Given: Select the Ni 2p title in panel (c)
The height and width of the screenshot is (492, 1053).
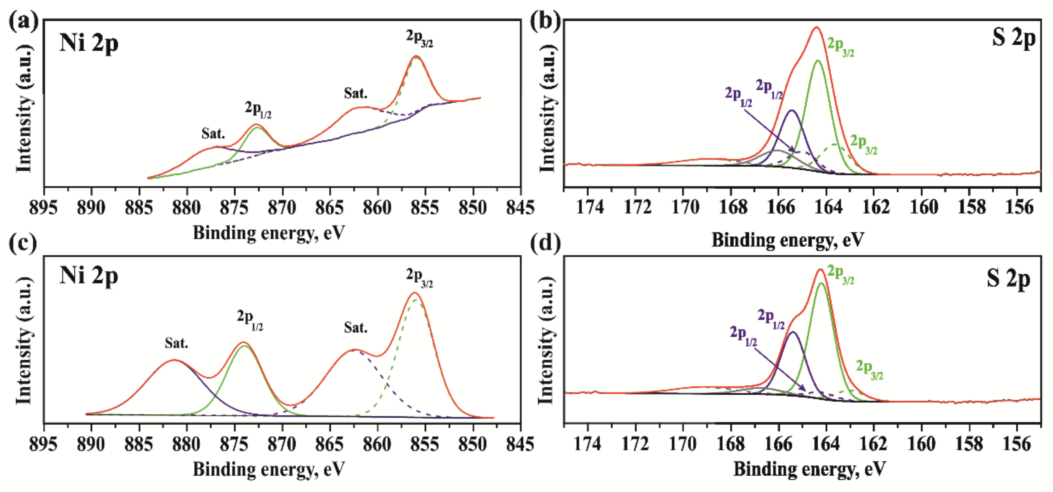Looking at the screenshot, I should pos(89,276).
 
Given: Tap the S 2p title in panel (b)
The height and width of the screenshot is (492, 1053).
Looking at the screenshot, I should pos(1014,37).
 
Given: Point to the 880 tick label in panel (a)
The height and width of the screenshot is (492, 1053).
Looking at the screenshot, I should pos(187,208).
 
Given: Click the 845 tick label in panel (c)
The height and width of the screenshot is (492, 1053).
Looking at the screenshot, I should pos(520,444).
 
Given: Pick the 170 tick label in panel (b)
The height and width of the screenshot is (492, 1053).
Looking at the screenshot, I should pos(683,208).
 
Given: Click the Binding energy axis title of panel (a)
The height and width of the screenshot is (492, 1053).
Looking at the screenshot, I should pos(269,233).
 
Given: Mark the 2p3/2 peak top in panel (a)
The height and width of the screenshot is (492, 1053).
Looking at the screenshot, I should pos(416,56).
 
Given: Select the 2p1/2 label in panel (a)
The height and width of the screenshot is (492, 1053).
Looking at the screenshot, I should pos(258,109).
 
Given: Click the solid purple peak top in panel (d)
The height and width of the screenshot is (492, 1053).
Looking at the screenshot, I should pos(793,332).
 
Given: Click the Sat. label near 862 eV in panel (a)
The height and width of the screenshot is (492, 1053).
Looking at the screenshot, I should pos(355,93).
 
